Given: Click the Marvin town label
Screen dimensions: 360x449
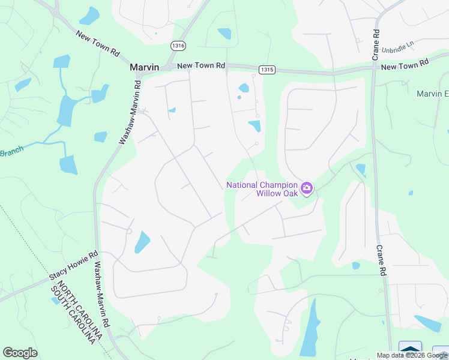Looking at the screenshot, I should click(x=145, y=68).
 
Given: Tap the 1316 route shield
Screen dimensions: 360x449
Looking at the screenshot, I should click(x=178, y=46).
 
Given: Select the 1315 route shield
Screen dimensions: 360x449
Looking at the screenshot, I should click(x=267, y=70).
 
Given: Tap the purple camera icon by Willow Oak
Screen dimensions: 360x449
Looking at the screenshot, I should click(x=307, y=189).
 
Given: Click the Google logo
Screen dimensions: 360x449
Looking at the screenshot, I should click(x=20, y=353).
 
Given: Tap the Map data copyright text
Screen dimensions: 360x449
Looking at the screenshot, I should click(x=412, y=355).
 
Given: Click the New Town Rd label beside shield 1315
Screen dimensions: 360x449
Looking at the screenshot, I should click(x=201, y=65).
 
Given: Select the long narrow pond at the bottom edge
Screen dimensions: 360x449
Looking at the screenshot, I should click(x=310, y=330).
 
